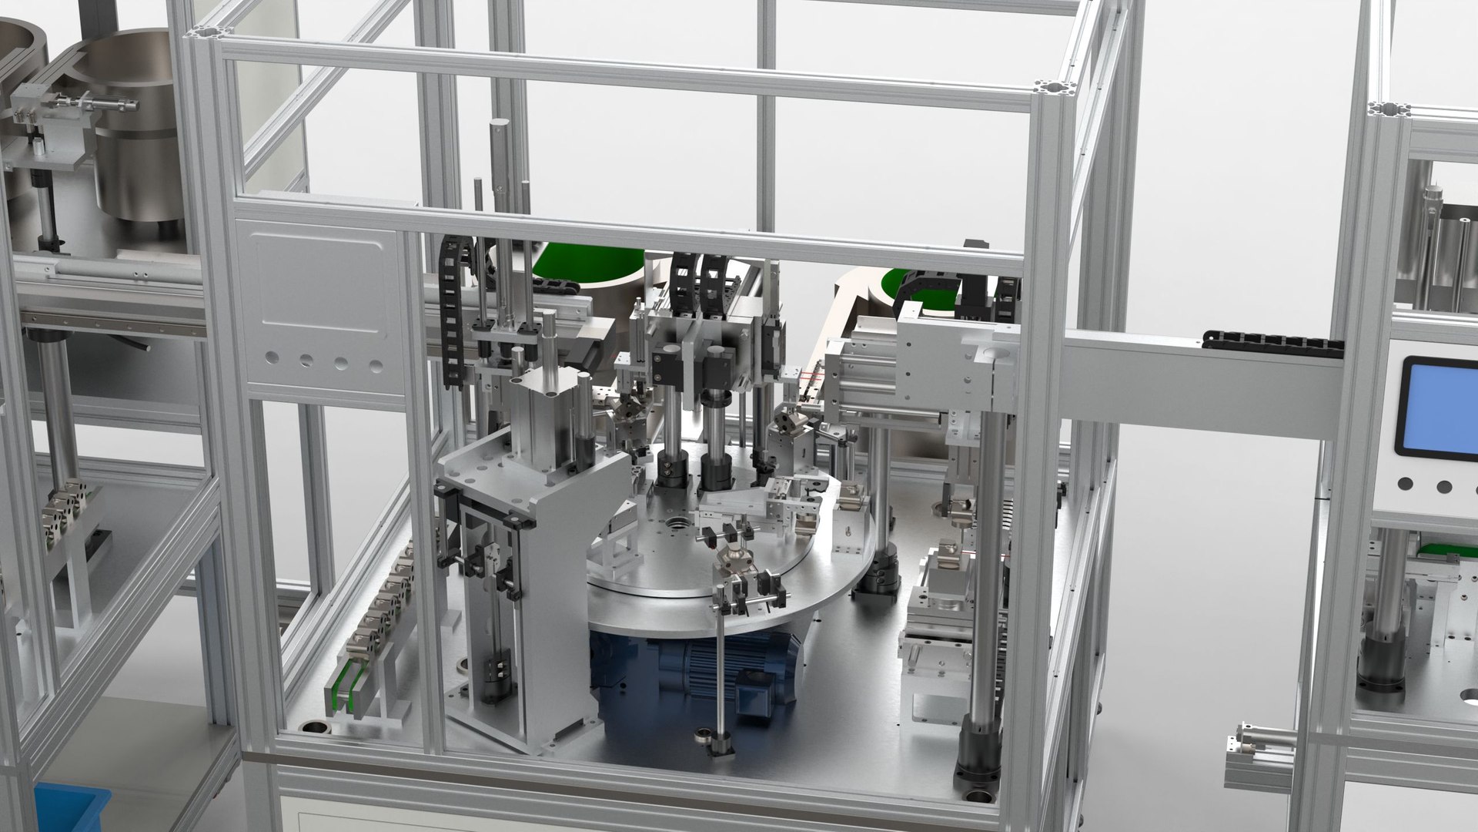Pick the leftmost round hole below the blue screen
point(1406,485)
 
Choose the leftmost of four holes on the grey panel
point(271,357)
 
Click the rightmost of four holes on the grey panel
point(376,367)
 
